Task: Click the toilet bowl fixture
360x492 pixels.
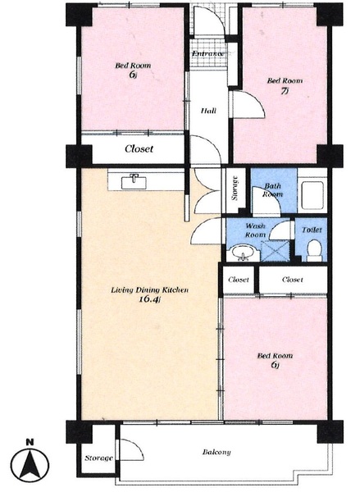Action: pyautogui.click(x=314, y=250)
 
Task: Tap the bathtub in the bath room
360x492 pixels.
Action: pyautogui.click(x=312, y=195)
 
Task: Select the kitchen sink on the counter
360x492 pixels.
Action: pyautogui.click(x=134, y=182)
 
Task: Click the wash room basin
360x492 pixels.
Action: pyautogui.click(x=243, y=253)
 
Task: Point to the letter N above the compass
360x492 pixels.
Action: pyautogui.click(x=30, y=443)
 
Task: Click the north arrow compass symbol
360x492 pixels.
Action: pyautogui.click(x=30, y=465)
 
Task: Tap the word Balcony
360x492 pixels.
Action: pyautogui.click(x=216, y=452)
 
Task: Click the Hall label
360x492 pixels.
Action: pyautogui.click(x=209, y=111)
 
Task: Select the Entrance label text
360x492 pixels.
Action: pyautogui.click(x=207, y=53)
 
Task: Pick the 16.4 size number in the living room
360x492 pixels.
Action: pyautogui.click(x=150, y=299)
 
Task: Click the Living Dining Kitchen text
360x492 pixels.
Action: pyautogui.click(x=150, y=289)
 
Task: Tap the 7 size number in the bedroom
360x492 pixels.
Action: pyautogui.click(x=285, y=91)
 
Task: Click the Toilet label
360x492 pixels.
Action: pyautogui.click(x=312, y=230)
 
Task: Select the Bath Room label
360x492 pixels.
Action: pyautogui.click(x=273, y=190)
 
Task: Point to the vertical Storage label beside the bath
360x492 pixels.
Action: pyautogui.click(x=235, y=189)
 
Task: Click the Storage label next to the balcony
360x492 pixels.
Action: pyautogui.click(x=98, y=458)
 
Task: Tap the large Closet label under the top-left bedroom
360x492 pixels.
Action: pyautogui.click(x=139, y=148)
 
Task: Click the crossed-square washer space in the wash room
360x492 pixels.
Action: pyautogui.click(x=275, y=250)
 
